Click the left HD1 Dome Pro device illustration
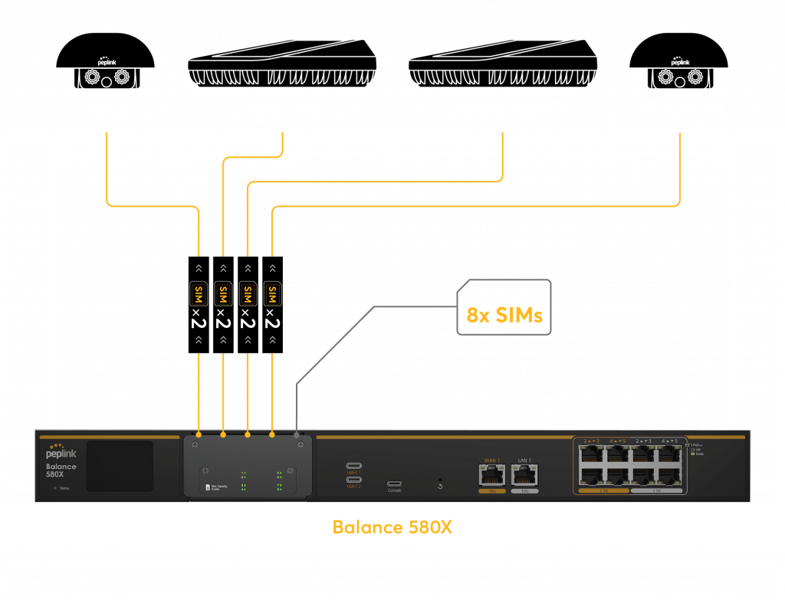[106, 64]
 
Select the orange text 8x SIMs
[504, 316]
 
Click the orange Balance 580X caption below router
[392, 527]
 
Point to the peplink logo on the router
[61, 454]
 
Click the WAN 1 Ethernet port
[491, 476]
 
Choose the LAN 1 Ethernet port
[524, 476]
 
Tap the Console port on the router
[394, 484]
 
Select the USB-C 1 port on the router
[354, 466]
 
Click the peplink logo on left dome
[106, 57]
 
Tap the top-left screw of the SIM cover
[195, 445]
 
